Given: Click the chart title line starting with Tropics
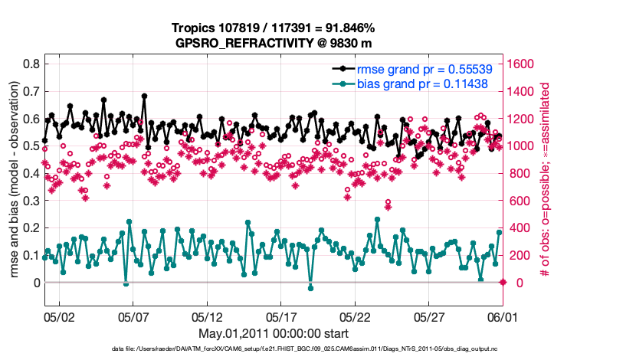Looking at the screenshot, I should click(x=274, y=28).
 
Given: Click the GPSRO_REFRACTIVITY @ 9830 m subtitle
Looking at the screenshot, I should click(x=274, y=42).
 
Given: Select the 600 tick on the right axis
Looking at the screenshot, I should click(x=519, y=201).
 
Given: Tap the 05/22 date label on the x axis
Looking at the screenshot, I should click(x=356, y=316).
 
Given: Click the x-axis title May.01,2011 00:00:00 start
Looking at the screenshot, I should click(x=274, y=333).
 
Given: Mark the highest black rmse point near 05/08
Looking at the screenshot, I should click(x=144, y=97).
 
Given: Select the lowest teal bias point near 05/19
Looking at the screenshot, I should click(x=310, y=288).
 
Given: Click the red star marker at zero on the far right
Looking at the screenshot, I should click(x=503, y=283).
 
